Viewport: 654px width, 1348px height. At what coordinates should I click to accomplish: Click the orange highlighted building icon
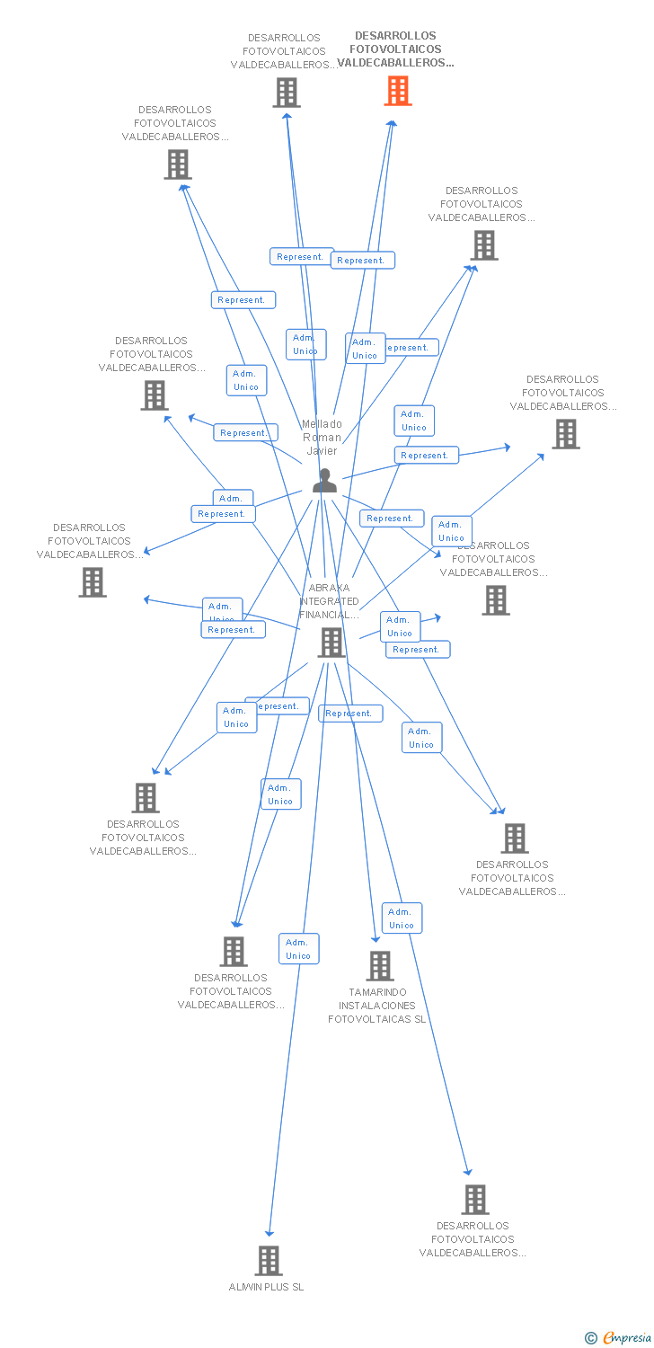click(398, 91)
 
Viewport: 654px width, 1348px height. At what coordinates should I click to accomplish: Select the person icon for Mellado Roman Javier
click(324, 482)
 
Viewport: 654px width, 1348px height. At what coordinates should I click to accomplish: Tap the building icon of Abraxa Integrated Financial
click(331, 643)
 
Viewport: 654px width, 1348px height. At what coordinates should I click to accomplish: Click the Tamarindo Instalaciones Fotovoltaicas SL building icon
click(380, 966)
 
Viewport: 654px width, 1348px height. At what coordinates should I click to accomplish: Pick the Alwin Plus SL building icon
click(269, 1261)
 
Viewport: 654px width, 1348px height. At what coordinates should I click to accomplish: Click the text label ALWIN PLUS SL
click(267, 1287)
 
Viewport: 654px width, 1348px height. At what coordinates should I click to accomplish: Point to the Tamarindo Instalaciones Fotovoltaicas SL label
click(376, 1006)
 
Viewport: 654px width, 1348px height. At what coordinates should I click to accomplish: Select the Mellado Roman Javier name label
click(322, 438)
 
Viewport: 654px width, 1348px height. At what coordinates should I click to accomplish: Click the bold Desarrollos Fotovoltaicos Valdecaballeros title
click(395, 50)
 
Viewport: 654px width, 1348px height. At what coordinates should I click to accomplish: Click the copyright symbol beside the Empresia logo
click(590, 1338)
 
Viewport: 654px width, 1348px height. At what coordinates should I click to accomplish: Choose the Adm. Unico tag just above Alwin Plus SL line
click(298, 949)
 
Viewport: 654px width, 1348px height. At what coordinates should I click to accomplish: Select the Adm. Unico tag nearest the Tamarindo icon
click(402, 918)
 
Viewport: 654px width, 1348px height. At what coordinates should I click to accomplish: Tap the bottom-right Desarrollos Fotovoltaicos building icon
click(475, 1200)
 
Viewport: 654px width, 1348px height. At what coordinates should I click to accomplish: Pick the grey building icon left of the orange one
click(287, 92)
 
